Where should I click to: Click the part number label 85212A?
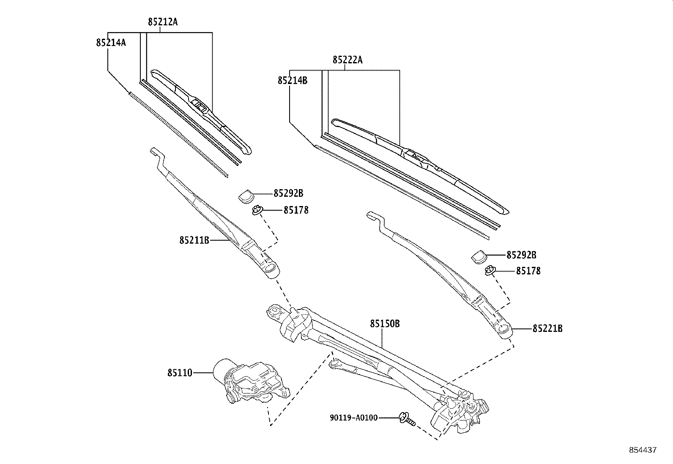[x=162, y=22]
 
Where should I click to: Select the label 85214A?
[x=111, y=42]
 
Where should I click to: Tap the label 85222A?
[x=347, y=60]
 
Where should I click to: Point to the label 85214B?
[x=293, y=80]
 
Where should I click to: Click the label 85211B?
[x=194, y=240]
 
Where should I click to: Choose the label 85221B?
[x=547, y=328]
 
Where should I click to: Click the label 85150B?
[x=385, y=323]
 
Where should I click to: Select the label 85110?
[x=180, y=373]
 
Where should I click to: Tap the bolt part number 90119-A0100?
[x=353, y=418]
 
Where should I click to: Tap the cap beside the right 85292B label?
[x=479, y=256]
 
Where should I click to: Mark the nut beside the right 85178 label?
[x=490, y=270]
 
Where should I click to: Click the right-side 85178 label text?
[x=528, y=271]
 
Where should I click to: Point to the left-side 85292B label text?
[x=288, y=193]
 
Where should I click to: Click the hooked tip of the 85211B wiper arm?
[x=155, y=151]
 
